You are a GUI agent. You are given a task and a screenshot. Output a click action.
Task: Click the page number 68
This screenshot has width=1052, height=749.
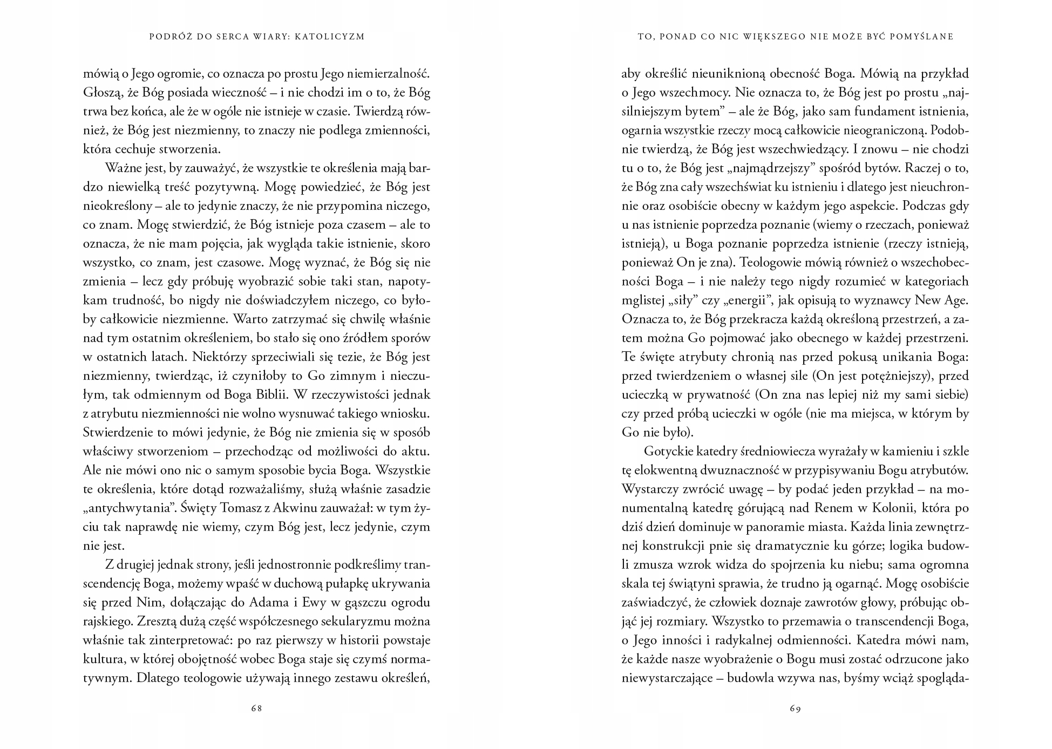coord(256,709)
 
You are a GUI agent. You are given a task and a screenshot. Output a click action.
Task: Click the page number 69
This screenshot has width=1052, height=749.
coord(795,709)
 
